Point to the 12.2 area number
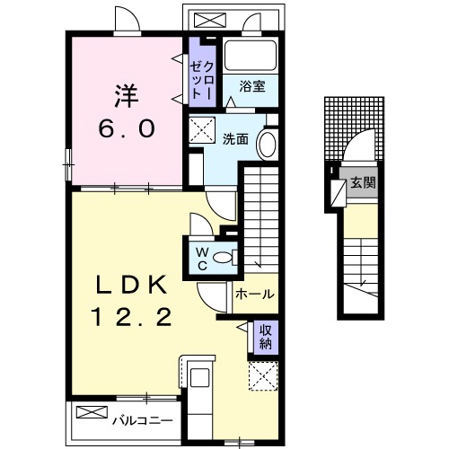tap(132, 318)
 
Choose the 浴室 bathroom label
tap(252, 86)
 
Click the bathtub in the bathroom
tap(251, 56)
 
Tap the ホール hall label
tap(254, 294)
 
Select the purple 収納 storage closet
tap(266, 336)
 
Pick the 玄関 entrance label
tap(363, 183)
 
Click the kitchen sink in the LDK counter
tap(199, 377)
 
